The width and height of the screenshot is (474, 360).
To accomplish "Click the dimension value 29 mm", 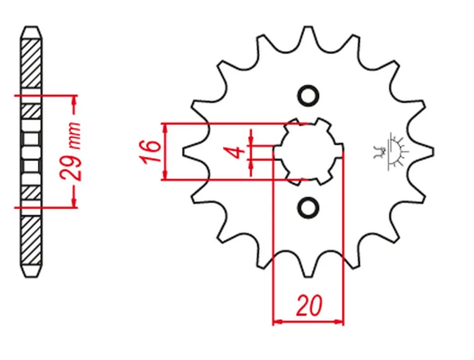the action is (x=71, y=151).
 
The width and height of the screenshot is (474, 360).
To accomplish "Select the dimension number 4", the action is (x=237, y=152).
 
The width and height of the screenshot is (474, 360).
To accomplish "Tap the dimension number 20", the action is (x=310, y=305).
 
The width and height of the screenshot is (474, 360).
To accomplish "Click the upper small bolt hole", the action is (x=309, y=96).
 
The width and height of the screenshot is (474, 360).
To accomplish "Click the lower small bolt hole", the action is (x=309, y=207).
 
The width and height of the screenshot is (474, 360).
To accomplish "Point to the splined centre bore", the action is (x=309, y=151).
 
